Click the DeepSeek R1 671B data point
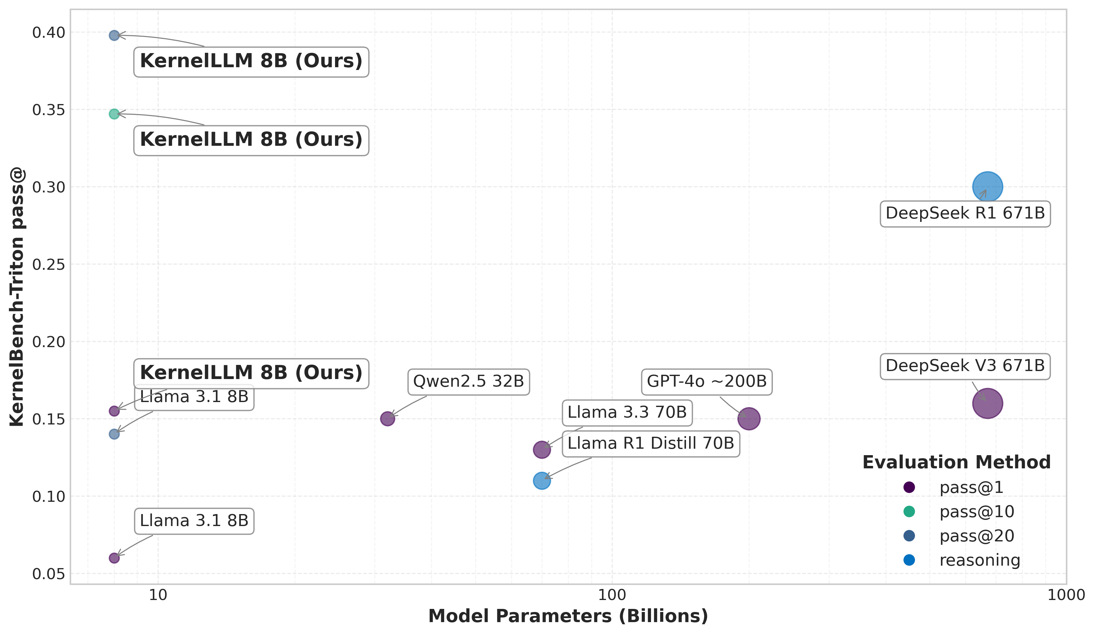987,187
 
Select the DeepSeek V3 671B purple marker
987,403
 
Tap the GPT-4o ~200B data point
749,419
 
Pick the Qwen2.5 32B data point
387,419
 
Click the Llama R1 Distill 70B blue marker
542,481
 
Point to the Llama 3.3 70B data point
542,449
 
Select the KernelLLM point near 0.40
114,35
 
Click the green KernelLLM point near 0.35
114,114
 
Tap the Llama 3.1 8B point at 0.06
114,558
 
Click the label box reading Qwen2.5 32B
468,381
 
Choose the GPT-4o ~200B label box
707,381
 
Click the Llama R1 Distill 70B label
650,443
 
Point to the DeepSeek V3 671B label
965,366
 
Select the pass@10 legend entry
976,512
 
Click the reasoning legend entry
979,560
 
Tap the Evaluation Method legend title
956,463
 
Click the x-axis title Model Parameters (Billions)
568,616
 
